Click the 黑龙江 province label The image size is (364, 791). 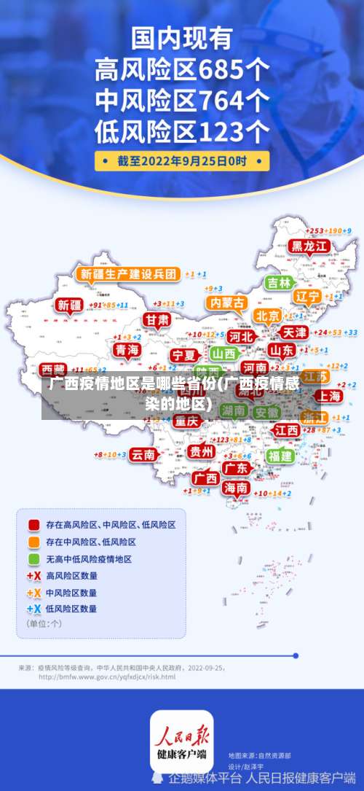[310, 246]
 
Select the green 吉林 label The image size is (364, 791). [278, 283]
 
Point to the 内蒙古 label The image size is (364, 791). [226, 302]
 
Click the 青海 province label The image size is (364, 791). [127, 350]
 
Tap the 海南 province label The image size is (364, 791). [235, 488]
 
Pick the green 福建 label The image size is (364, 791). [279, 456]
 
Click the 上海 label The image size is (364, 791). [328, 396]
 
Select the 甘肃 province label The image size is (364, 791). [156, 320]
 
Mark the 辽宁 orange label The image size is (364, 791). [307, 297]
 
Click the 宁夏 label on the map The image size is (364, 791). [183, 355]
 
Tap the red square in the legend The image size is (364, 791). [33, 524]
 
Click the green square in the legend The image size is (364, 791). [33, 559]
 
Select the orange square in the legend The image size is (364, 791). [33, 542]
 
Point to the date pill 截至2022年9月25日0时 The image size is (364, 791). [182, 160]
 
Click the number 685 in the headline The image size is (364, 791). [224, 71]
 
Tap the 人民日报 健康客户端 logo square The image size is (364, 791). [182, 741]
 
